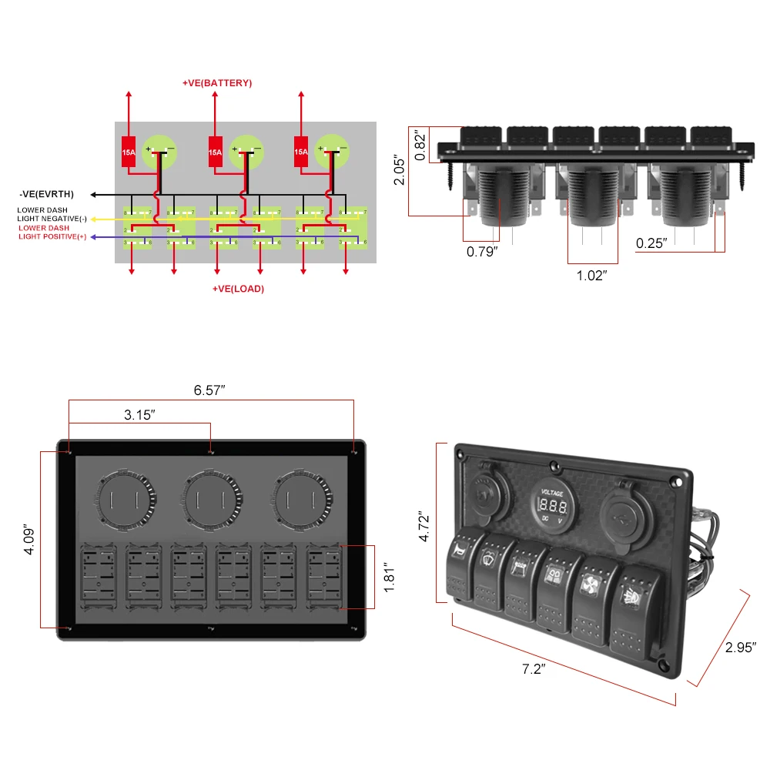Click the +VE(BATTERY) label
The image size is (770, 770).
point(216,82)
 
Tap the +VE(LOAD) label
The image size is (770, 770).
point(238,289)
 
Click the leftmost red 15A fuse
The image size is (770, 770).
point(129,152)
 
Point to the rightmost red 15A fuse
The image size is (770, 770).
point(300,152)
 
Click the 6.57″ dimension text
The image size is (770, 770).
point(209,390)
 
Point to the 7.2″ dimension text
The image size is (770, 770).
point(533,669)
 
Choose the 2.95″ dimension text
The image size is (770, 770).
point(742,648)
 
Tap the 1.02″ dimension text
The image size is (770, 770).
point(591,275)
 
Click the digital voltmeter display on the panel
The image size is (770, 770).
point(553,506)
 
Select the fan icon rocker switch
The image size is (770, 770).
point(592,596)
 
